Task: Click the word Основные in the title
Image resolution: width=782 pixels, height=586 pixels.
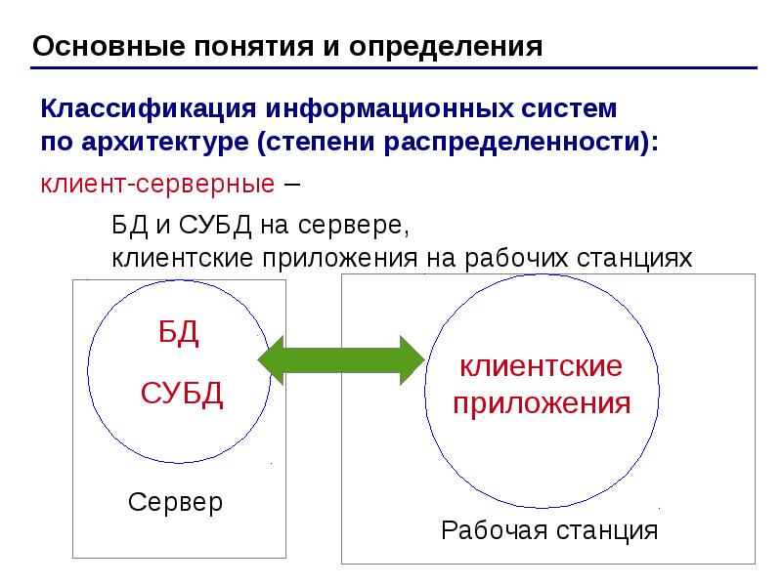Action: tap(109, 46)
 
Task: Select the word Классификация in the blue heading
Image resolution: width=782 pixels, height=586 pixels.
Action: tap(149, 109)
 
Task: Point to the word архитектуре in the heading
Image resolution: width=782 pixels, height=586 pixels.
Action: tap(165, 142)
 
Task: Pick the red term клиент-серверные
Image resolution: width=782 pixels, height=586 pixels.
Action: tap(157, 184)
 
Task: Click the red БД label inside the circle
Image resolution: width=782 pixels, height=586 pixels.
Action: tap(179, 333)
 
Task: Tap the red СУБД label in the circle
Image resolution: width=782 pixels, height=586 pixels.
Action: tap(182, 394)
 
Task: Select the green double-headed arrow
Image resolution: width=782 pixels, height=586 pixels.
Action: tap(341, 359)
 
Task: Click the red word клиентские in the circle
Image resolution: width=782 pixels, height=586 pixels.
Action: tap(542, 366)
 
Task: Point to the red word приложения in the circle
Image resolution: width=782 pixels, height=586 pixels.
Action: tap(542, 403)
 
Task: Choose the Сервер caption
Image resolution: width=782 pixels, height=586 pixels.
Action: tap(175, 502)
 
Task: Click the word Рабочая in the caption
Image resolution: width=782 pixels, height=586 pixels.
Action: tap(495, 530)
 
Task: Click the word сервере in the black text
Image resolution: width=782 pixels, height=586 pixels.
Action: tap(353, 226)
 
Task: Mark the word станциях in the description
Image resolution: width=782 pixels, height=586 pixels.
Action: tap(634, 260)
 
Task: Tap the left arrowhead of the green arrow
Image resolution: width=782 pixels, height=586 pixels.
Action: tap(271, 359)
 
